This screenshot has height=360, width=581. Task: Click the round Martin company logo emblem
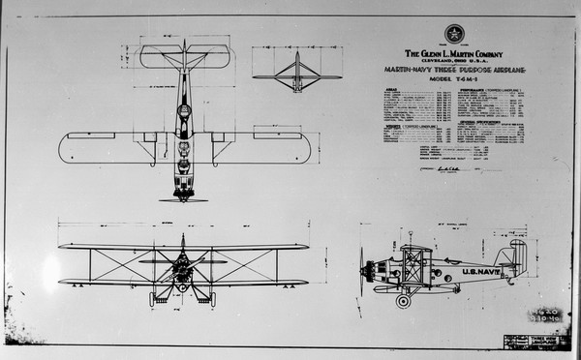tap(454, 33)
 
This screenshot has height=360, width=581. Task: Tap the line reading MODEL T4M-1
tap(453, 80)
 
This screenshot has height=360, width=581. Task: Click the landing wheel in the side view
tap(403, 300)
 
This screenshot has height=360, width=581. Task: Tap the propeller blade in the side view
tap(362, 271)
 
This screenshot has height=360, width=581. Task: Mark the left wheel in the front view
tap(153, 299)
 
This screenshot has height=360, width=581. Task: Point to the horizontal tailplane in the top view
tap(184, 56)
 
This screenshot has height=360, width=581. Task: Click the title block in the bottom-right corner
tap(535, 341)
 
